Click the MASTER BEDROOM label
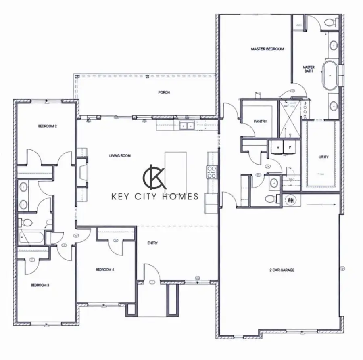(267, 49)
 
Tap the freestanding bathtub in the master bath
(330, 75)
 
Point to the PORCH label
(164, 92)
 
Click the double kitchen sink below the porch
(187, 126)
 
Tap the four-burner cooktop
(212, 172)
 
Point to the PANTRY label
(261, 121)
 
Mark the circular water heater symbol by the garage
(291, 199)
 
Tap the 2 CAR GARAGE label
(282, 270)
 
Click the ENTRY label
(152, 243)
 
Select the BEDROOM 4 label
(105, 270)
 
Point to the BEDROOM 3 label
(40, 285)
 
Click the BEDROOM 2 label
(47, 126)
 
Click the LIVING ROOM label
(120, 155)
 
